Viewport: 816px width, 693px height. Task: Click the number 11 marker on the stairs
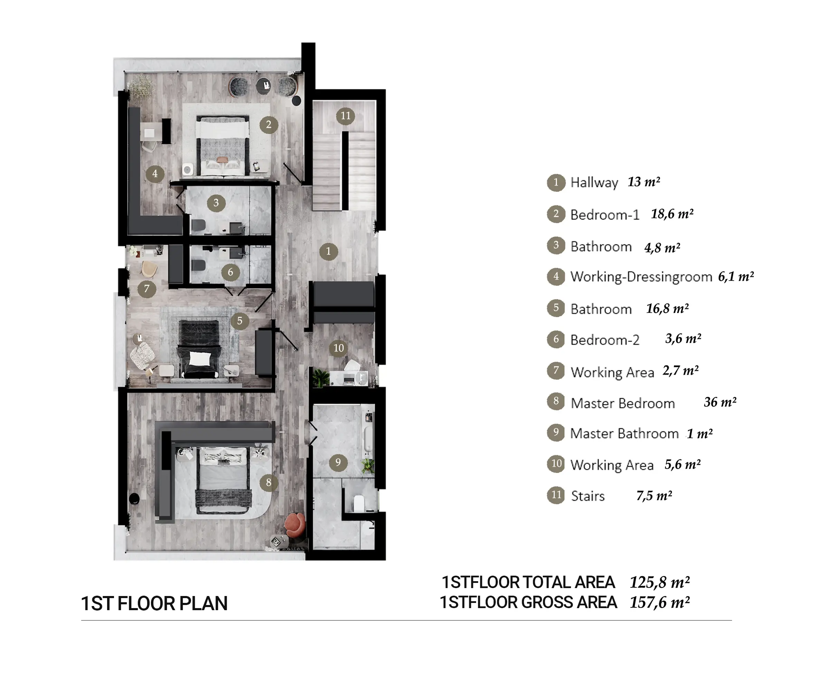(x=345, y=116)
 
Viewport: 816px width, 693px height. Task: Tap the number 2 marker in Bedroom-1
(x=268, y=125)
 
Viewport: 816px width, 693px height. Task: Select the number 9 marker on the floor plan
(x=338, y=463)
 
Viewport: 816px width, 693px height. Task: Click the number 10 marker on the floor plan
(x=339, y=348)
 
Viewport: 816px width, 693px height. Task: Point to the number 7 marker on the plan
(x=147, y=289)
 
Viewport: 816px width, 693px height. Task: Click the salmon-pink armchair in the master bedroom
(x=295, y=525)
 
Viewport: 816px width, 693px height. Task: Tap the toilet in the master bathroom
(x=359, y=503)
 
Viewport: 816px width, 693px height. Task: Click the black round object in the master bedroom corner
(x=134, y=499)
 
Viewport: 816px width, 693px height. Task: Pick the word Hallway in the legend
(x=594, y=183)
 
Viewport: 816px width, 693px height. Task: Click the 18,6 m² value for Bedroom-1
(x=672, y=214)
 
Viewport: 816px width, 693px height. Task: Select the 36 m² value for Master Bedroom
(x=720, y=402)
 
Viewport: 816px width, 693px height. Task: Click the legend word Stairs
(x=588, y=496)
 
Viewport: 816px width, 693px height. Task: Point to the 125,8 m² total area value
(x=660, y=582)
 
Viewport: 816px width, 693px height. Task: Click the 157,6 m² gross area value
(x=660, y=602)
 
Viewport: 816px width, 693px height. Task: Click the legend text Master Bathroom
(x=625, y=434)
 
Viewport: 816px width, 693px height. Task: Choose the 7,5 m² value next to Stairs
(x=654, y=496)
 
